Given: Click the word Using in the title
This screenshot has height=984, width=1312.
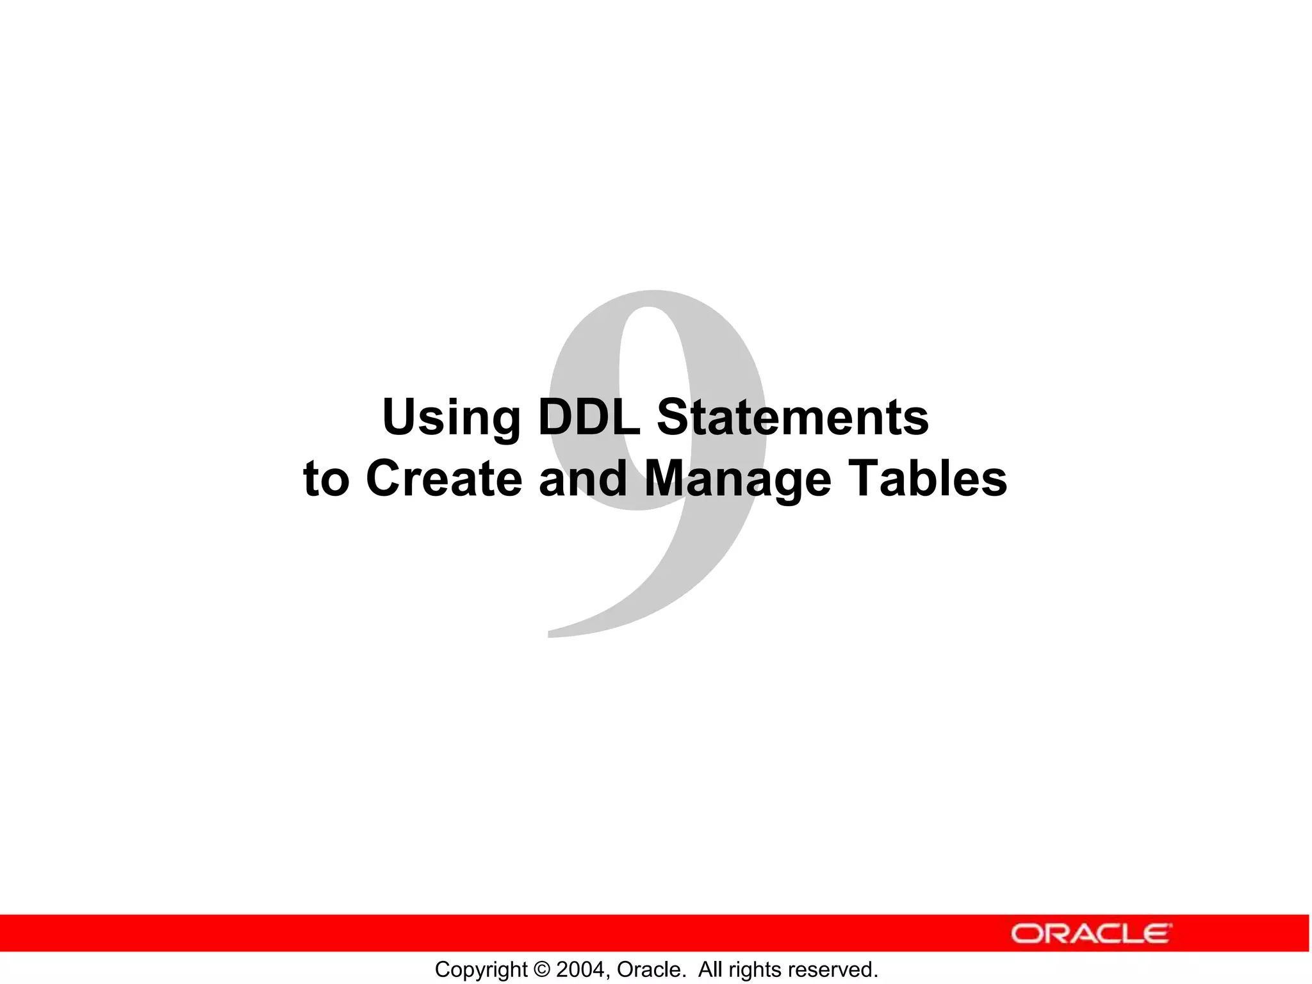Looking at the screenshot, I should [450, 418].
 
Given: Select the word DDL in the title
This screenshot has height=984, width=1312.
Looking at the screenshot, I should [589, 417].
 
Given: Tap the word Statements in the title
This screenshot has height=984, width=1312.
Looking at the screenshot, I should [792, 417].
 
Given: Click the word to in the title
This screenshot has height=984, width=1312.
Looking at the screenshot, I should [326, 479].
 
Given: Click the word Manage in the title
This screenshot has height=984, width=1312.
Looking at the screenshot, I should [737, 479].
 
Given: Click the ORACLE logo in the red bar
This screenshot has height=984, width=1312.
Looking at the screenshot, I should [1091, 933].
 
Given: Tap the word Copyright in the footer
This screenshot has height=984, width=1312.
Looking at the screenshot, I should [480, 969].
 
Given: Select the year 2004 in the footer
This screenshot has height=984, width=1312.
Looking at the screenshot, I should [580, 969].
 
